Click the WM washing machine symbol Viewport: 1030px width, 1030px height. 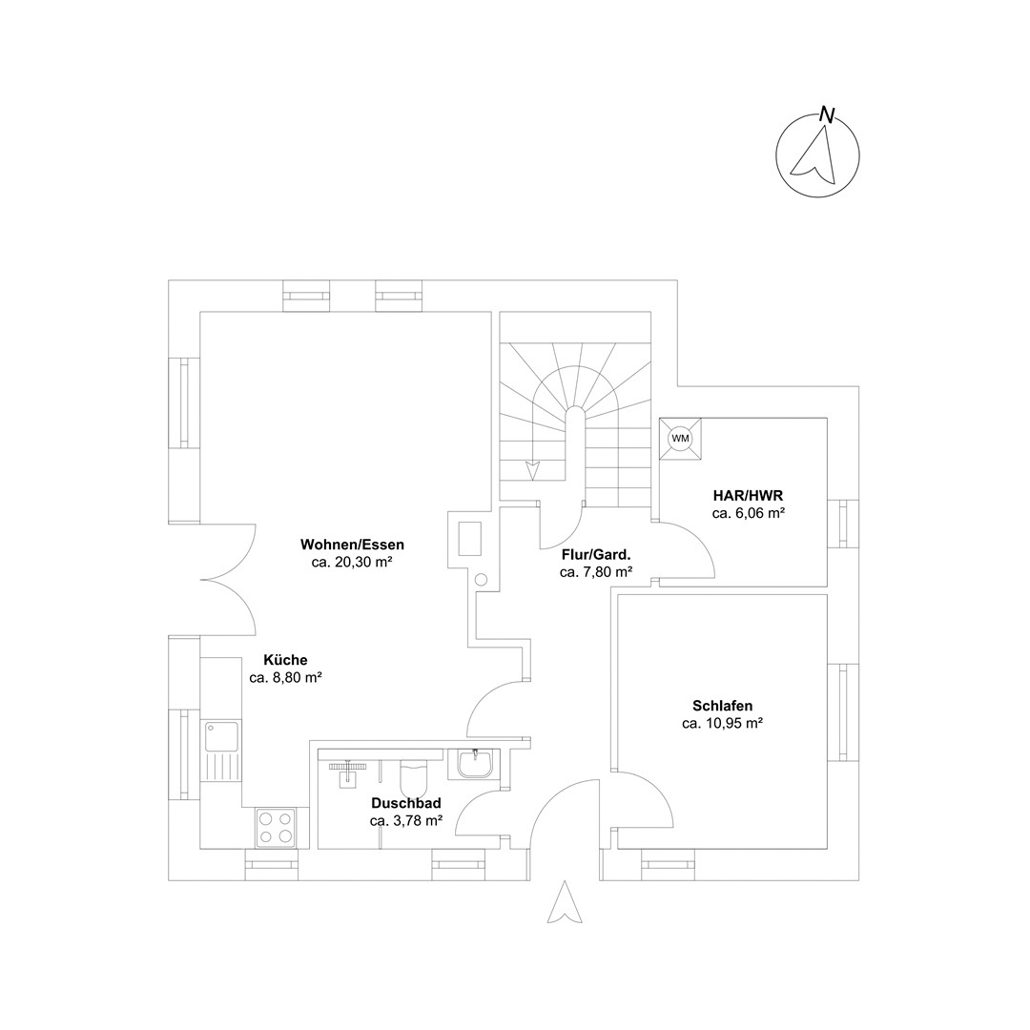680,438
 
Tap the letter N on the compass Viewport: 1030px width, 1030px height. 827,115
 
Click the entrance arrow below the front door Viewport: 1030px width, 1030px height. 565,903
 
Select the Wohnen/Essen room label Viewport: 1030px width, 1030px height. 352,545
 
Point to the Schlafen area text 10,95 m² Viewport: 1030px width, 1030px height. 722,723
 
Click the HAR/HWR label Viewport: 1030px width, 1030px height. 749,495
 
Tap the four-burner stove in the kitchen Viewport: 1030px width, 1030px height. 276,828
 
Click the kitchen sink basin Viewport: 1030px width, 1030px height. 221,736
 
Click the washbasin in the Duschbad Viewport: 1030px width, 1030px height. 474,765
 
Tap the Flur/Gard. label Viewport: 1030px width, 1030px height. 596,554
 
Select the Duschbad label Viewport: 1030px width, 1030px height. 406,803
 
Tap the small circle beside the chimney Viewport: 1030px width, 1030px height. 481,580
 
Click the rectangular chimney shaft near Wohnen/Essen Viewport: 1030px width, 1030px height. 470,539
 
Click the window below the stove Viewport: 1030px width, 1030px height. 271,864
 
